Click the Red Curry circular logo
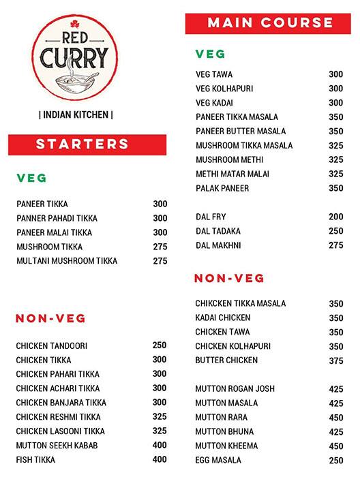[76, 59]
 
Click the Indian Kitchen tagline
[76, 114]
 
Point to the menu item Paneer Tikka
[42, 204]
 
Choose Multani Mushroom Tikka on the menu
[67, 261]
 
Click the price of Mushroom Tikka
[160, 247]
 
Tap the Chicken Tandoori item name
[52, 346]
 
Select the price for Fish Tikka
[160, 460]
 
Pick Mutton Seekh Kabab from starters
[57, 446]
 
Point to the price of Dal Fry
[336, 217]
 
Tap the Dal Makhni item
[218, 245]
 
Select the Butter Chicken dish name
[226, 360]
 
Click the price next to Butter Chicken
[336, 360]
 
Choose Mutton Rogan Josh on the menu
[235, 389]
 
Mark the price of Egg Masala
[336, 461]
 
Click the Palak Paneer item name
[222, 188]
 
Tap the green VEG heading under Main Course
[210, 54]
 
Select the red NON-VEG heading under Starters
[50, 318]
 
